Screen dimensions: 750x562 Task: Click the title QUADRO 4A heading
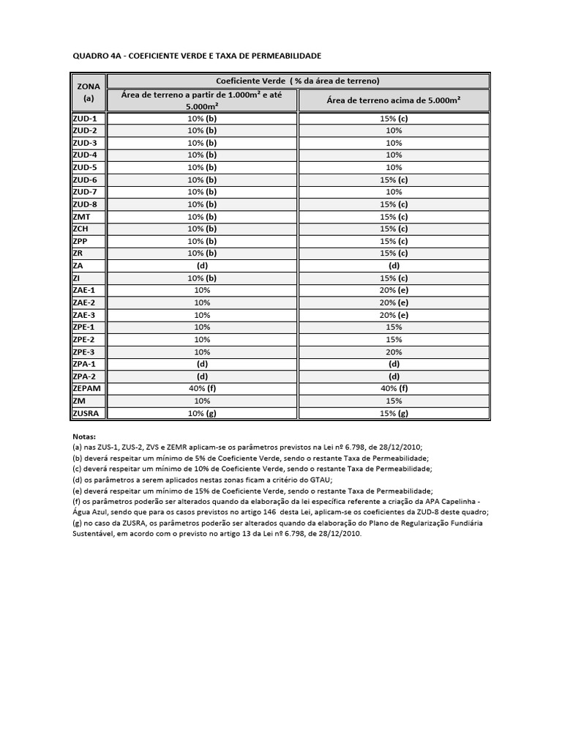pos(196,56)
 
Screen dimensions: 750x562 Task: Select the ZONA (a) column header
pos(89,92)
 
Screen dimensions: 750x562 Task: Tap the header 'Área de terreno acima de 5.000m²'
pos(394,100)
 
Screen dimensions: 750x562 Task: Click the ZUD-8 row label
pos(85,204)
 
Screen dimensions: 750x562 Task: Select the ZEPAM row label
pos(87,389)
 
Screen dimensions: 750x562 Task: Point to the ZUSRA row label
pos(86,414)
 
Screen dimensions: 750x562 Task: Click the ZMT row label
pos(81,217)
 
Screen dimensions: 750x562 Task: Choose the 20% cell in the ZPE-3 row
pos(394,352)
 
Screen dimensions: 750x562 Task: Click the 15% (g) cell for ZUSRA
pos(394,414)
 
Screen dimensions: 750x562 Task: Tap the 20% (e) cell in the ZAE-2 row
pos(394,302)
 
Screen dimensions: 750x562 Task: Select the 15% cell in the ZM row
pos(394,401)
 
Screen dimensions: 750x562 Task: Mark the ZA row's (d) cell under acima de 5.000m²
pos(394,266)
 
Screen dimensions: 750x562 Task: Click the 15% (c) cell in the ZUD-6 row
pos(394,180)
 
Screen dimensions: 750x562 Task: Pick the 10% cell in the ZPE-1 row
pos(202,327)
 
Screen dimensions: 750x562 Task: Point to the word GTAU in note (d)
pos(318,480)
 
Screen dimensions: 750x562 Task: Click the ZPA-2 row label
pos(85,376)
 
